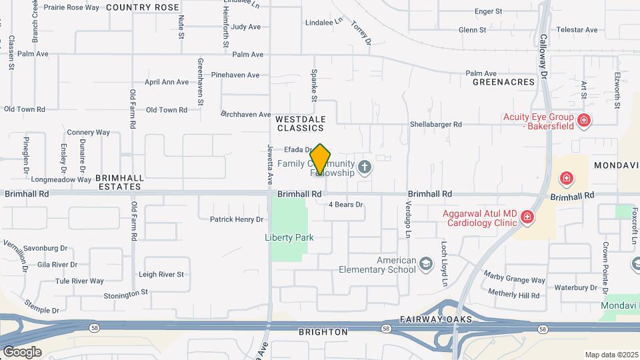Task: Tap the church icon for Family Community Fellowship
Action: click(x=364, y=167)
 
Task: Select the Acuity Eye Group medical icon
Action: click(x=584, y=121)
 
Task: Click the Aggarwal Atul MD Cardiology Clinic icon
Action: click(x=527, y=217)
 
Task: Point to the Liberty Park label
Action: click(x=289, y=237)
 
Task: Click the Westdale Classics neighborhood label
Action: click(x=301, y=123)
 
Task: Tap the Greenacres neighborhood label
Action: click(x=503, y=82)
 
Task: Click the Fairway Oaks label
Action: click(x=437, y=320)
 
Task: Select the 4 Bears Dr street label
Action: click(x=345, y=205)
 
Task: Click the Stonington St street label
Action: click(x=126, y=294)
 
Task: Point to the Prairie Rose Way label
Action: click(x=71, y=7)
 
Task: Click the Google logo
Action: click(x=21, y=352)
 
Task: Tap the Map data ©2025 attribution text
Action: click(x=611, y=355)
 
